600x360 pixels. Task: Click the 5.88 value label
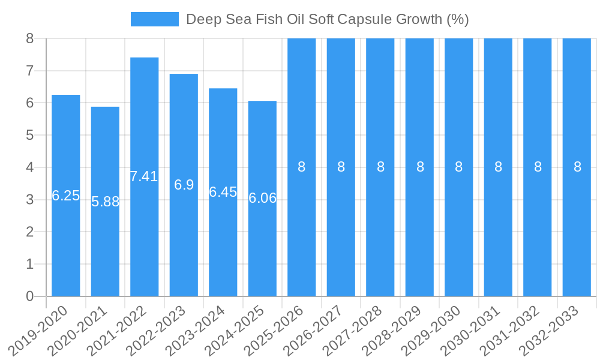[105, 202]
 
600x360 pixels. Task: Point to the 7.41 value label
[144, 176]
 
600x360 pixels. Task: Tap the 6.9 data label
[184, 185]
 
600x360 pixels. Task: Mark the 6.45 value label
[223, 192]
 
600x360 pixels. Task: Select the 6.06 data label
[262, 198]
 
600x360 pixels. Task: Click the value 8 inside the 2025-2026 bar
[302, 167]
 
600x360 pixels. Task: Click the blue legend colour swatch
[155, 19]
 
